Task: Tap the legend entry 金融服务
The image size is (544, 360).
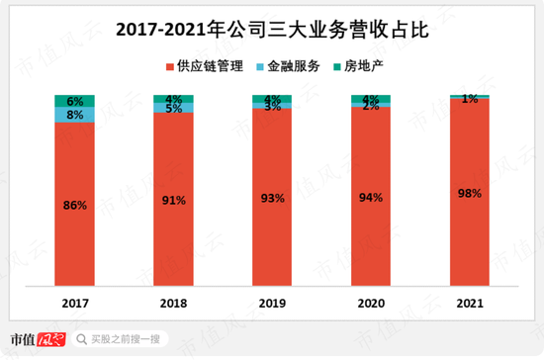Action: click(x=288, y=67)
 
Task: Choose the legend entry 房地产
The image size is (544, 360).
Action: click(x=355, y=67)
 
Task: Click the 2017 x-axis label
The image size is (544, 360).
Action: click(x=74, y=303)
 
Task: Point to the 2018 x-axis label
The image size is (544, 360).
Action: click(x=173, y=303)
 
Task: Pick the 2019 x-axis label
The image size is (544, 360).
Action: click(x=272, y=303)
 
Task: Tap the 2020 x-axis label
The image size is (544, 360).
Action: click(x=371, y=303)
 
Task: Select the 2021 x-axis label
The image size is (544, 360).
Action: click(x=470, y=303)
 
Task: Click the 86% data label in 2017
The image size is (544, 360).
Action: click(x=74, y=206)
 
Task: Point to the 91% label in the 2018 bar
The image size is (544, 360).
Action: click(x=173, y=201)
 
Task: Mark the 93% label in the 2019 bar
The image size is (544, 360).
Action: click(x=272, y=199)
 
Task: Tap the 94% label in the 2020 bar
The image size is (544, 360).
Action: click(x=371, y=198)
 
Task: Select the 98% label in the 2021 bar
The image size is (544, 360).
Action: click(x=470, y=194)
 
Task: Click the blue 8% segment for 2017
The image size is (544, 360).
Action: click(x=74, y=115)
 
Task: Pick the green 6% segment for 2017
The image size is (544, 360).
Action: click(x=74, y=101)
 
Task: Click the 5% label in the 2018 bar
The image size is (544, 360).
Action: click(x=173, y=109)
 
